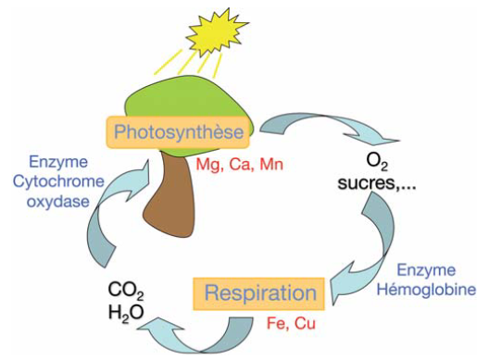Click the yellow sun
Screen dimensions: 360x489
click(x=213, y=30)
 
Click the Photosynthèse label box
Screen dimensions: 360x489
click(x=179, y=133)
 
